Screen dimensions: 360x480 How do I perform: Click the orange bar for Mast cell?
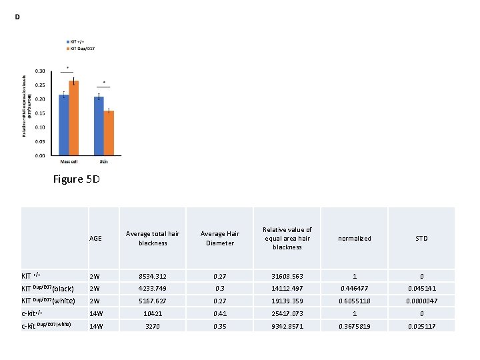click(x=74, y=118)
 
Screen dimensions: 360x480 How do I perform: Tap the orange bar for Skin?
click(x=109, y=133)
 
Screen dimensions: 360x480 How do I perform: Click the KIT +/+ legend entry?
click(x=75, y=41)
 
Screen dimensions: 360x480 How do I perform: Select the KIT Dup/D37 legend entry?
click(x=80, y=48)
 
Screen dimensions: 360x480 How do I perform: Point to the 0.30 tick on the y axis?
click(x=40, y=71)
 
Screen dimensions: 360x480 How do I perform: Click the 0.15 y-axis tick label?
click(x=40, y=113)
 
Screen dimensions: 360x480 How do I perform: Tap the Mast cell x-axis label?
click(x=69, y=161)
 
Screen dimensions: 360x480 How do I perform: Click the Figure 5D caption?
click(x=77, y=179)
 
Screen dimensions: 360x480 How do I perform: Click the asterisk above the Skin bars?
click(x=104, y=83)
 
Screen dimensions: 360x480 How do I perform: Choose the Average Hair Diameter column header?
click(x=220, y=239)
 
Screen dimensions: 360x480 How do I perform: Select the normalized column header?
click(x=355, y=238)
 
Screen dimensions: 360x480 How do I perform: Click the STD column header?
click(x=421, y=238)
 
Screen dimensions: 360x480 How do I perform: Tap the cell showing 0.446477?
click(x=355, y=289)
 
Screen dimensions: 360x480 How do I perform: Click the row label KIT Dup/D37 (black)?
click(x=47, y=289)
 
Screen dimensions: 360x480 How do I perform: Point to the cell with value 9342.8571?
click(x=287, y=326)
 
